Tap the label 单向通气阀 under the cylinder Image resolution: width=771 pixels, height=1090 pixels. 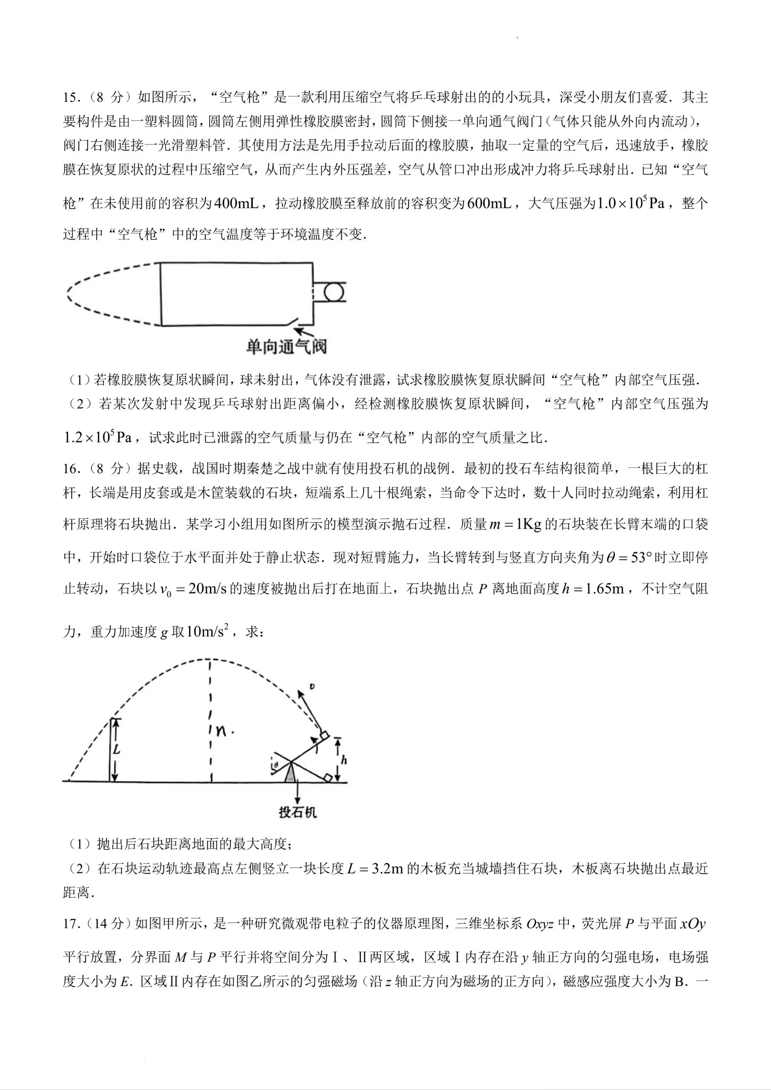(286, 347)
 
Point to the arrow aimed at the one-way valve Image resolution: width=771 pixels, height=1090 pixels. (305, 332)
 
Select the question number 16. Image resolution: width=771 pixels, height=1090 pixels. (72, 469)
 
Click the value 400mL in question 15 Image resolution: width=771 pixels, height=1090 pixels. (236, 204)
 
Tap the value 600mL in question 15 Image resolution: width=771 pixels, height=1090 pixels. (489, 204)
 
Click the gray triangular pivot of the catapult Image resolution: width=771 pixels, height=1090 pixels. (290, 775)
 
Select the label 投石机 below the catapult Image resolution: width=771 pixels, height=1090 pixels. (297, 812)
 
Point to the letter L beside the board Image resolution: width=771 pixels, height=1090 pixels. (116, 750)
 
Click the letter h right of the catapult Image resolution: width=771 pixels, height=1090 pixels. (344, 760)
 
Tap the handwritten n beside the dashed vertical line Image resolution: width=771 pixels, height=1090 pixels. (221, 730)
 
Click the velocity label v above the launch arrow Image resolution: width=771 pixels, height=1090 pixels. (311, 687)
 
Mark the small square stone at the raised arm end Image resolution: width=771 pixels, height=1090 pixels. (325, 736)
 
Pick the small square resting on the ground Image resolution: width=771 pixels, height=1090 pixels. (327, 778)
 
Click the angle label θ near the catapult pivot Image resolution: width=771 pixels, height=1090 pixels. (275, 764)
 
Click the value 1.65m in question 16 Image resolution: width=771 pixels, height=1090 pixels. (604, 589)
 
